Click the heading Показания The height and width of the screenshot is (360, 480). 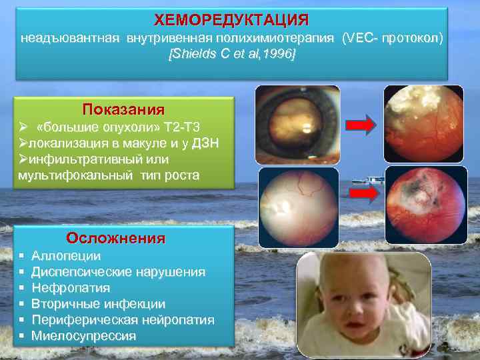[123, 109]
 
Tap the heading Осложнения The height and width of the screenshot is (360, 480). [116, 238]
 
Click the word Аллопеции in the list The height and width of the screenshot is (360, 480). [66, 256]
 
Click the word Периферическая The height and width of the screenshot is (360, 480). [87, 320]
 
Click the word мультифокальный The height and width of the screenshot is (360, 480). [75, 175]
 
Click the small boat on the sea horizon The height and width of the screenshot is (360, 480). [374, 179]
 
